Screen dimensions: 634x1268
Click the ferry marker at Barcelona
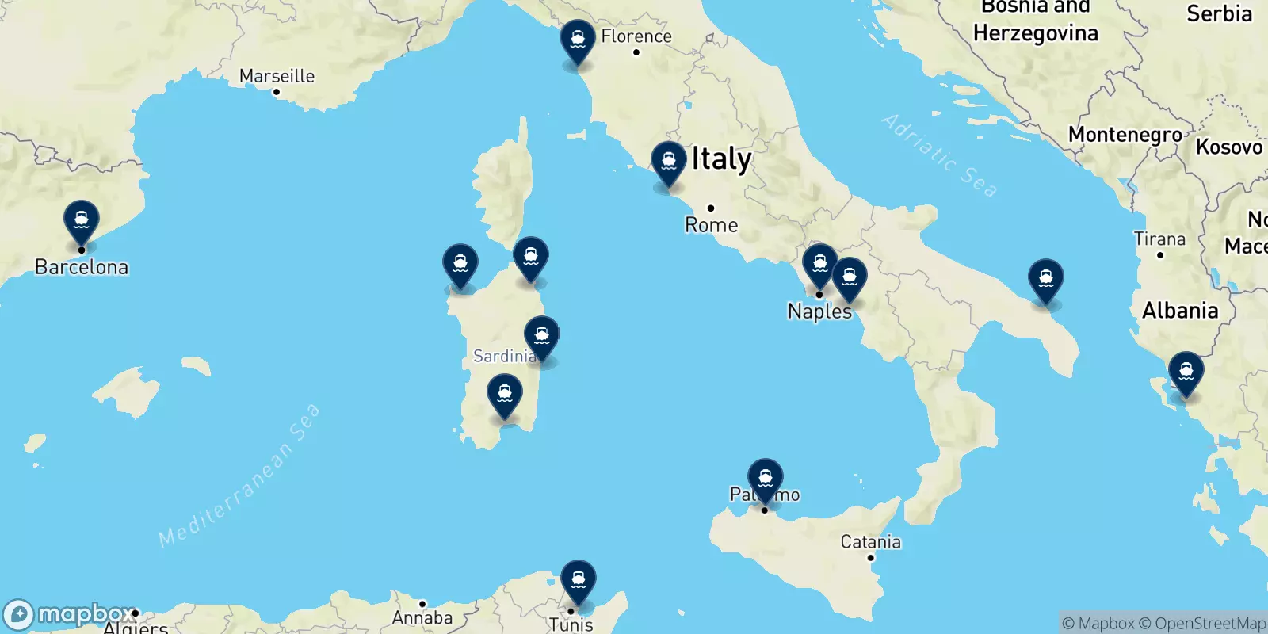point(82,221)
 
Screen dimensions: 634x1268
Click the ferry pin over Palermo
point(766,479)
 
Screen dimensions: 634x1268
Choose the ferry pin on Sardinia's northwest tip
point(460,264)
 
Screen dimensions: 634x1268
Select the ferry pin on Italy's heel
point(1046,280)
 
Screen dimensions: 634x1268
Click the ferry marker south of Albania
point(1186,372)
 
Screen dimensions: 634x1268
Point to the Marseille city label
point(277,76)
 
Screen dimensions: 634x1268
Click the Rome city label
point(711,225)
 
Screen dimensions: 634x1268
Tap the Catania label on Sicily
point(870,542)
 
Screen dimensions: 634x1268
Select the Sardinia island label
point(504,357)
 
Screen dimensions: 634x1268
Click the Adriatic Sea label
point(939,155)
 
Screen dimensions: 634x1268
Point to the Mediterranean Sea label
point(239,476)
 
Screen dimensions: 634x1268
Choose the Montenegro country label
point(1125,135)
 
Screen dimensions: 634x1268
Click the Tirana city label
point(1159,239)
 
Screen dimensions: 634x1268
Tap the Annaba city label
point(422,617)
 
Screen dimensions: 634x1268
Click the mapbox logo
point(70,614)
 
